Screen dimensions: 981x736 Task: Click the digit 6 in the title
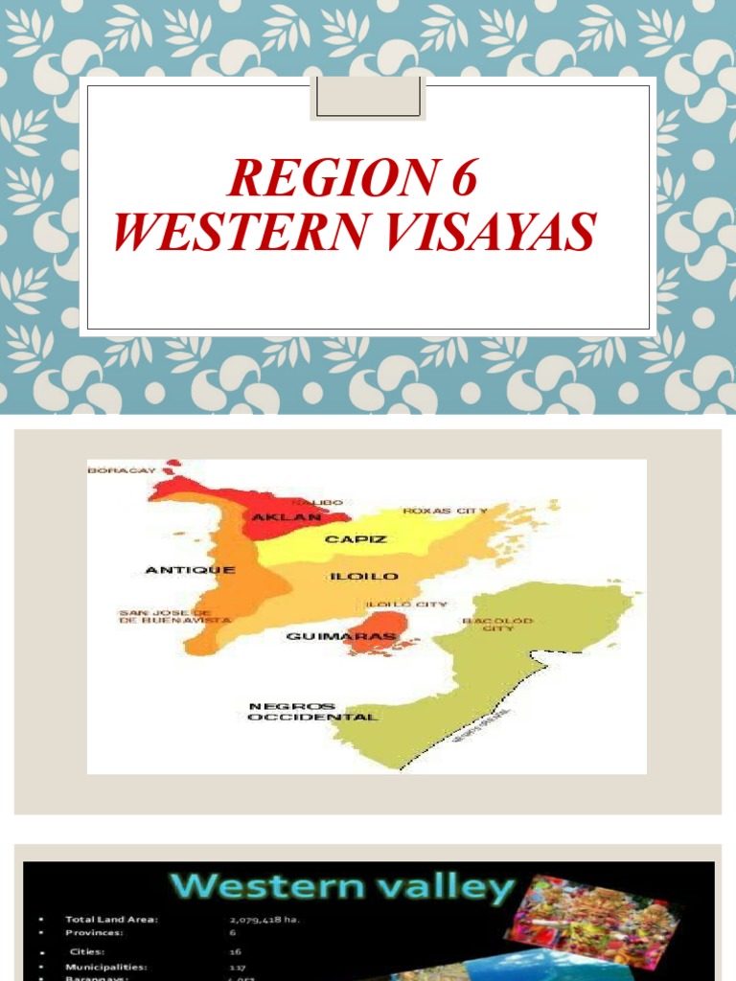(460, 178)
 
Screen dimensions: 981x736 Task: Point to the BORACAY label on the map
(122, 470)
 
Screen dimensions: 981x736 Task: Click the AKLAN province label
(278, 518)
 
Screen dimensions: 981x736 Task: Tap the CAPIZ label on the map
(356, 539)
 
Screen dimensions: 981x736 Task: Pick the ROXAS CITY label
(445, 511)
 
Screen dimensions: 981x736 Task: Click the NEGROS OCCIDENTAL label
(312, 712)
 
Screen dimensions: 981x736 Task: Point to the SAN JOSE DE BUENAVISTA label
(173, 615)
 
